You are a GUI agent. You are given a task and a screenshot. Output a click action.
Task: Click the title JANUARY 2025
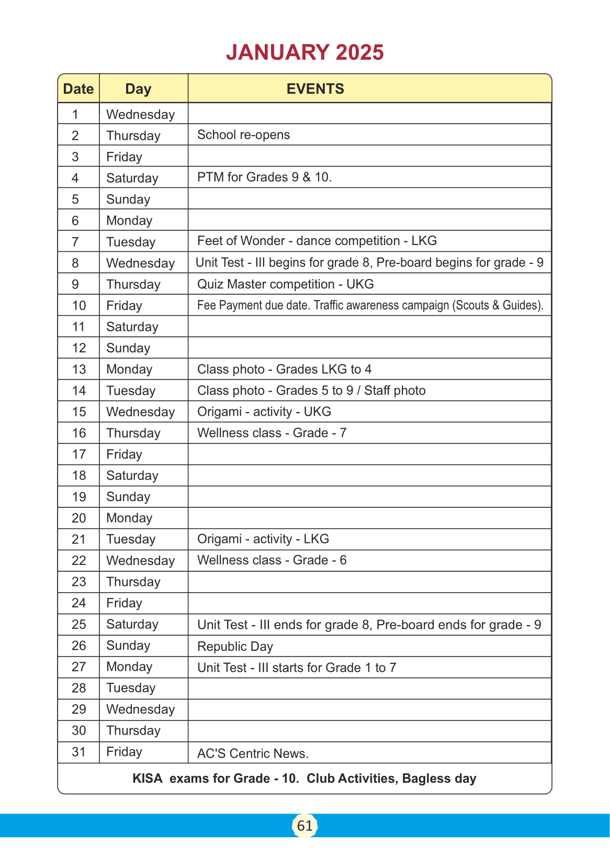[x=305, y=52]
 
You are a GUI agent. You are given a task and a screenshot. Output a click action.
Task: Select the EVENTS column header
[x=315, y=88]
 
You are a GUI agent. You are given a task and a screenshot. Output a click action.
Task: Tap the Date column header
[x=78, y=89]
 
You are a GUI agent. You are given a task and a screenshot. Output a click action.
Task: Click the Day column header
[x=138, y=89]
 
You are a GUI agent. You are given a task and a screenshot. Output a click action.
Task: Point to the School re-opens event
[x=243, y=135]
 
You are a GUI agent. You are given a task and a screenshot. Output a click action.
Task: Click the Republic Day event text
[x=235, y=647]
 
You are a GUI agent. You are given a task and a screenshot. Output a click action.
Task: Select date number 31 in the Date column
[x=78, y=752]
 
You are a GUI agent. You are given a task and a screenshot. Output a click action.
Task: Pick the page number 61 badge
[x=304, y=826]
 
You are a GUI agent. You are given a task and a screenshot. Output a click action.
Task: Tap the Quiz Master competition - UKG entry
[x=285, y=284]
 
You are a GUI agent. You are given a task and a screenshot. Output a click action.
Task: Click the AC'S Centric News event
[x=253, y=753]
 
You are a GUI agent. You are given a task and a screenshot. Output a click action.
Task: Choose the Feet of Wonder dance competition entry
[x=317, y=241]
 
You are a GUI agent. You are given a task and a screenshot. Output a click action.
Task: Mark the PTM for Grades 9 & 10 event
[x=264, y=177]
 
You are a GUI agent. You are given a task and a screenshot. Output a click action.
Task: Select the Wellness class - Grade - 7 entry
[x=272, y=433]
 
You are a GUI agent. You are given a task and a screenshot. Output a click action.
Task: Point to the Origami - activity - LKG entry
[x=263, y=539]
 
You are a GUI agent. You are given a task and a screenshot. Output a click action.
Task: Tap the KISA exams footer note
[x=304, y=779]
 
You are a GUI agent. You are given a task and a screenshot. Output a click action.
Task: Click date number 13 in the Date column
[x=78, y=369]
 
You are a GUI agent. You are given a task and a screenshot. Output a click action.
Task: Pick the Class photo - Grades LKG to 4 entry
[x=284, y=369]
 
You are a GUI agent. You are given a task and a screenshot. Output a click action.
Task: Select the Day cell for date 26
[x=128, y=646]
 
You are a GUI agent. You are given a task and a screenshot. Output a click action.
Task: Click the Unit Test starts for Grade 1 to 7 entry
[x=297, y=668]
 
